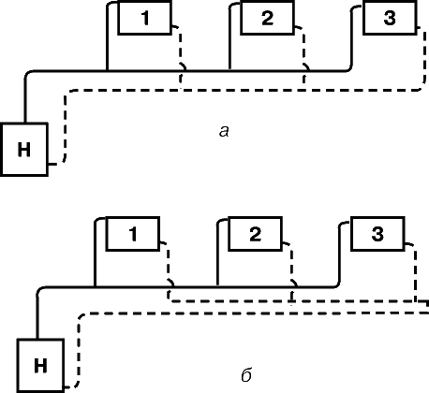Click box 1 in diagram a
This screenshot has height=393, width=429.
(x=145, y=18)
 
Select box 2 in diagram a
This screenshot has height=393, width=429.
(x=267, y=18)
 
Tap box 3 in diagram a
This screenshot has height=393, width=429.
(x=390, y=18)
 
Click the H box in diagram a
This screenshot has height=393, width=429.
(x=24, y=150)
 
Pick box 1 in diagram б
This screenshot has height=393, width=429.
(x=133, y=234)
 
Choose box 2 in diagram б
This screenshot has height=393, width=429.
(x=256, y=234)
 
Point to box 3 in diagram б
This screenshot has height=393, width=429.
(x=377, y=234)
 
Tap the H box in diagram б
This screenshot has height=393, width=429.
(x=40, y=366)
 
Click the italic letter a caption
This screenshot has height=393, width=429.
(x=224, y=132)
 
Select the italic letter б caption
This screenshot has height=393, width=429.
(x=246, y=375)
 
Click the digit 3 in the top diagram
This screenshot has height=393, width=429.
(x=390, y=18)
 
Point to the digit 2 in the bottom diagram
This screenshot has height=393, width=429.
(x=256, y=234)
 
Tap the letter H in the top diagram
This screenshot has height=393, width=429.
(x=24, y=150)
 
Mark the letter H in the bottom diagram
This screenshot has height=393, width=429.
(x=40, y=366)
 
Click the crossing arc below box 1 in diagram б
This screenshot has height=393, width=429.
(x=171, y=282)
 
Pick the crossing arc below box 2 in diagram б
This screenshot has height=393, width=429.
(x=294, y=282)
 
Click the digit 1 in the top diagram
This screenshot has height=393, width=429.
(x=145, y=18)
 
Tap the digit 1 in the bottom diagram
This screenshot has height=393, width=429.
(x=133, y=234)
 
